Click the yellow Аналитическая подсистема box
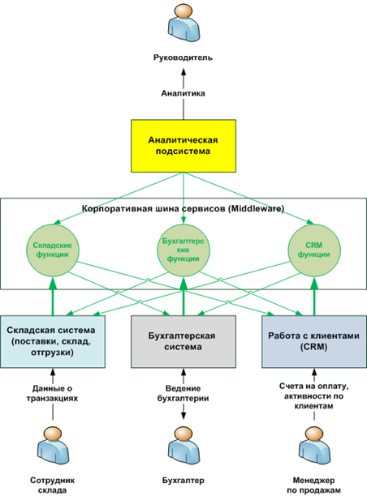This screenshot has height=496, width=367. tap(183, 144)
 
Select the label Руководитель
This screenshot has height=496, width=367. tap(183, 58)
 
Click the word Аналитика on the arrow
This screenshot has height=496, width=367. tap(183, 93)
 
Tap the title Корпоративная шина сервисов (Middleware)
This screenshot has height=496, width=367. tap(183, 208)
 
